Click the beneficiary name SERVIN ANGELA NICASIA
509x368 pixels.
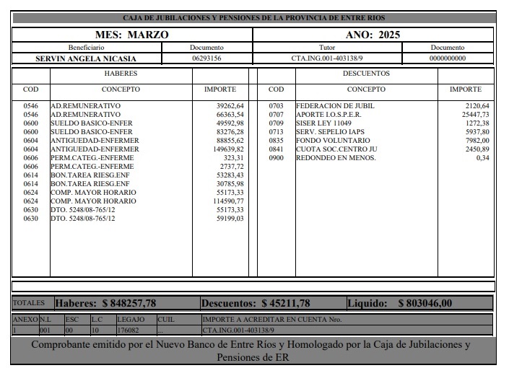[x=86, y=58]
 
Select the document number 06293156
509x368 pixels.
[x=206, y=58]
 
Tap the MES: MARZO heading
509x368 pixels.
[x=132, y=34]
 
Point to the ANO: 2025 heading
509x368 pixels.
[x=373, y=34]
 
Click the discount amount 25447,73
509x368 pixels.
[x=475, y=115]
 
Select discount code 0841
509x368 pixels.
[x=276, y=149]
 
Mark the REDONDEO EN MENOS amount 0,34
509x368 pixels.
[x=482, y=157]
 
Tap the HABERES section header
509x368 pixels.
[x=121, y=74]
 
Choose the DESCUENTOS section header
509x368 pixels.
[x=366, y=74]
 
